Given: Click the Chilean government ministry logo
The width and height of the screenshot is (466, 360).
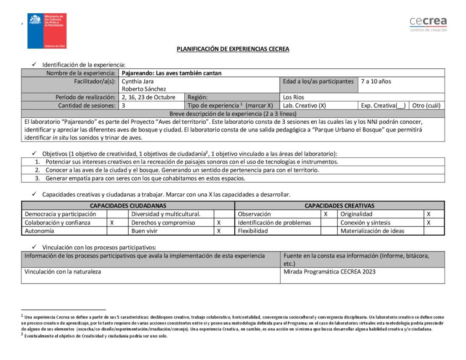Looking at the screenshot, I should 47,30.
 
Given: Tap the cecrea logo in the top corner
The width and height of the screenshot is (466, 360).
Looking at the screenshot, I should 428,23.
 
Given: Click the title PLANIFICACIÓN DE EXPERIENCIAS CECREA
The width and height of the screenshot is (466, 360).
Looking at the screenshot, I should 233,49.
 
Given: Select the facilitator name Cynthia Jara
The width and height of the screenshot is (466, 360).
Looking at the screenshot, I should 138,81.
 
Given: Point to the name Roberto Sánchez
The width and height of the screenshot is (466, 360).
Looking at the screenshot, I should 144,89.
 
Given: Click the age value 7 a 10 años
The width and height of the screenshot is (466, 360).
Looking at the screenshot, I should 376,81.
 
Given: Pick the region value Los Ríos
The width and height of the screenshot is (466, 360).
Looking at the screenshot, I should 294,97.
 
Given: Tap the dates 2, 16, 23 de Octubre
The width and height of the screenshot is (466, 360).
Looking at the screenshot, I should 148,97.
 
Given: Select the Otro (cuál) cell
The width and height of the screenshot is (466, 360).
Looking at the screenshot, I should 426,106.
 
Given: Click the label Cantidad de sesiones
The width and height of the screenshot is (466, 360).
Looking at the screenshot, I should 86,106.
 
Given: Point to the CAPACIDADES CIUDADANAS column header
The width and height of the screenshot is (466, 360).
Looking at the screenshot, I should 128,206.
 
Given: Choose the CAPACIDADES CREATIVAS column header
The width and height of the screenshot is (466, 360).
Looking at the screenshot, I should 339,206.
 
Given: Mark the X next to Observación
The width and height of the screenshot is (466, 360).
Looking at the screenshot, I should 325,214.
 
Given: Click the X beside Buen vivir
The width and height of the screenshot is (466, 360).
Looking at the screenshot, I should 219,231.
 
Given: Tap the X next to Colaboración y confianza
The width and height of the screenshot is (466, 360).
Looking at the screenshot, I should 112,223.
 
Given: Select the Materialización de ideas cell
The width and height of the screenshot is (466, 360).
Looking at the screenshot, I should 372,231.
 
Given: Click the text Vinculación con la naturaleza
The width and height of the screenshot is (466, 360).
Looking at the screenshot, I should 63,272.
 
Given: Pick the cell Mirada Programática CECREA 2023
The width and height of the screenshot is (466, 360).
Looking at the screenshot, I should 329,272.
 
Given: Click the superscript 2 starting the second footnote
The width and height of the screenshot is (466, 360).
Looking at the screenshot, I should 22,335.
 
